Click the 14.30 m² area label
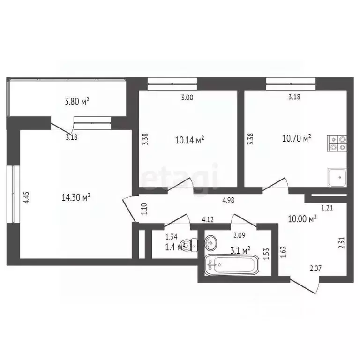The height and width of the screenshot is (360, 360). (x=76, y=197)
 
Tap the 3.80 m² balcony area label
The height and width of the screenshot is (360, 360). (x=77, y=101)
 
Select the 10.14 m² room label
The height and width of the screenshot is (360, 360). (x=190, y=140)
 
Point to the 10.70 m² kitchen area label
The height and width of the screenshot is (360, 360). (x=297, y=138)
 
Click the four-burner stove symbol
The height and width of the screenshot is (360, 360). (x=337, y=143)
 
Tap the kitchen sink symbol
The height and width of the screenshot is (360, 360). (x=337, y=178)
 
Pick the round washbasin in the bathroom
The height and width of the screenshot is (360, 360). (x=210, y=243)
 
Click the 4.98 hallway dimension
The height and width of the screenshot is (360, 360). (x=228, y=200)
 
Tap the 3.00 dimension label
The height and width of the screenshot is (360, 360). (x=187, y=97)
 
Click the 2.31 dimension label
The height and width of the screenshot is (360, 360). (x=342, y=243)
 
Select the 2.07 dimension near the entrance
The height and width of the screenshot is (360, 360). (x=315, y=268)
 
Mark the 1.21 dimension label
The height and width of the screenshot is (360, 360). (x=327, y=208)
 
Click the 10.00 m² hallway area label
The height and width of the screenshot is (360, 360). (x=302, y=218)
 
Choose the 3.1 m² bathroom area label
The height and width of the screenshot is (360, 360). (x=240, y=250)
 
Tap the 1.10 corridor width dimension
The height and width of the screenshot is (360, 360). (x=144, y=209)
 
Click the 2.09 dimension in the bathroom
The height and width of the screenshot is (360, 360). (x=239, y=235)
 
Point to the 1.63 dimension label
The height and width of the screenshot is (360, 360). (x=284, y=252)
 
